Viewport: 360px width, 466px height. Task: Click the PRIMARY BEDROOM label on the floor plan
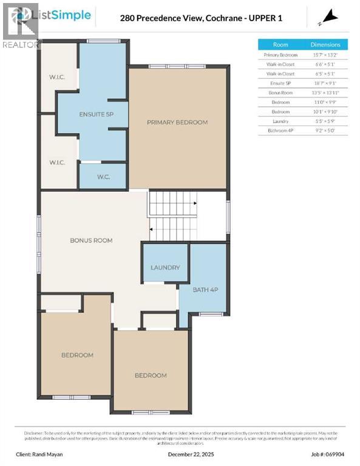pos(177,123)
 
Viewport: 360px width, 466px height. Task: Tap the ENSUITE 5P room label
pos(97,114)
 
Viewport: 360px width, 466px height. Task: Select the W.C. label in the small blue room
pos(103,177)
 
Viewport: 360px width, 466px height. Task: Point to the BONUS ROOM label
pos(91,240)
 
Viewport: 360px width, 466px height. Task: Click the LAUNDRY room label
pos(165,268)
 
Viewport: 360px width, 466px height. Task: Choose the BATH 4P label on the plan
pos(205,290)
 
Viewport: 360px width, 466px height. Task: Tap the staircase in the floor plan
pos(174,217)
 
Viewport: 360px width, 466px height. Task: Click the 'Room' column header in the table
pos(280,44)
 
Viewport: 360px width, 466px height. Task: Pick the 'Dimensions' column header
pos(325,44)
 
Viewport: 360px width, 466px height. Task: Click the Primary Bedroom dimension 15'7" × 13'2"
pos(325,55)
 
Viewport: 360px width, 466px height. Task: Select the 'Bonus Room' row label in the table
pos(280,93)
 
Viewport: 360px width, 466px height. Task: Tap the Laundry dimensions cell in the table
pos(325,121)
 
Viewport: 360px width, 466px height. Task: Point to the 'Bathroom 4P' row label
pos(280,130)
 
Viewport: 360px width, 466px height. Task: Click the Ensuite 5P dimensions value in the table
pos(325,83)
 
